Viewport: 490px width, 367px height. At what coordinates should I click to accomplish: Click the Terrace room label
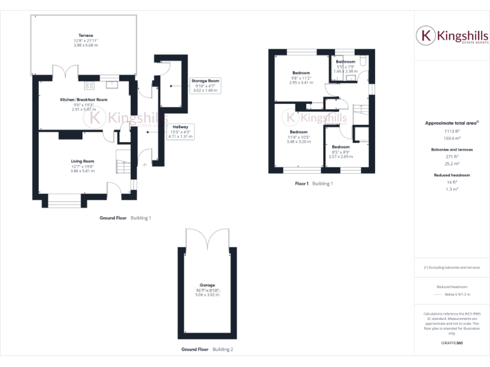(85, 36)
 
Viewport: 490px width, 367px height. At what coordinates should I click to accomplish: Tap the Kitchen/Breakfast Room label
(84, 100)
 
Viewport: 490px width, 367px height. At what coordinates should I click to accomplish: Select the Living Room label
(82, 161)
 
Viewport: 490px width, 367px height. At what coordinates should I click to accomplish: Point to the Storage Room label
(205, 82)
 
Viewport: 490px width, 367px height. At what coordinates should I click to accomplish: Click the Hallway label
(180, 127)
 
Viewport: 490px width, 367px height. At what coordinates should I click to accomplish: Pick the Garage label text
(207, 285)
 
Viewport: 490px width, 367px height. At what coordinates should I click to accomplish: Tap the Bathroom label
(345, 62)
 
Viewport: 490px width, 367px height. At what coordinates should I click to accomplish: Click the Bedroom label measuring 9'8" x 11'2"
(301, 73)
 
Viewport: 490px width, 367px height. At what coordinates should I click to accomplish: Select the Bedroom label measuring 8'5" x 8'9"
(340, 147)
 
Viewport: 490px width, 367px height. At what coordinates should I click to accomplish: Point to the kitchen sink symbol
(112, 83)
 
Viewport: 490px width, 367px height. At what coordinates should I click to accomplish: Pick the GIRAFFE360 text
(452, 343)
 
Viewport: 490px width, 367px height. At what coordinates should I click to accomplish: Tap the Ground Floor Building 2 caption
(207, 349)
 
